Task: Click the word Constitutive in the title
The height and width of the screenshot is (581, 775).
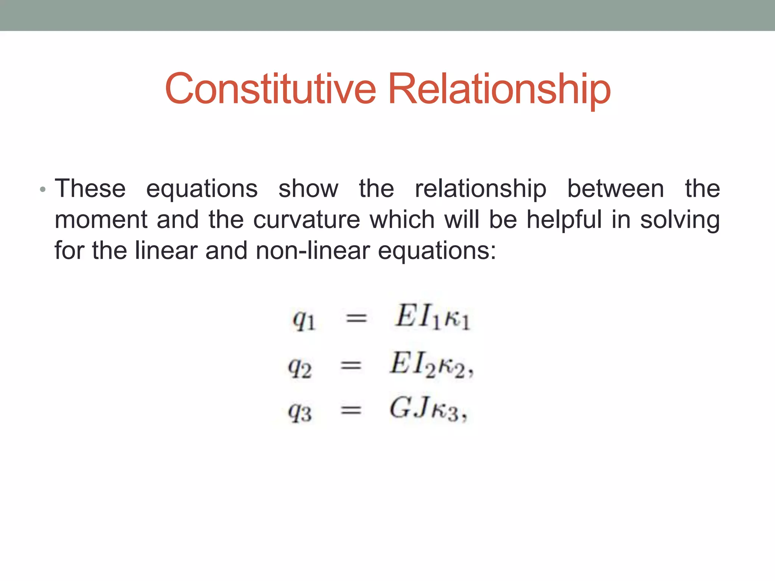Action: [x=271, y=89]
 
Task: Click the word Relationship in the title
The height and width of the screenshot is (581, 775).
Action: [x=500, y=89]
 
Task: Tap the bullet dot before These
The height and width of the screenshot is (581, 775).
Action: [x=43, y=190]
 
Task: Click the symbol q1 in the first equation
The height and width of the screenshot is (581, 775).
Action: [x=303, y=321]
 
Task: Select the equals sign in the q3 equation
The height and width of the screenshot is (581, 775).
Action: [x=351, y=410]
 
